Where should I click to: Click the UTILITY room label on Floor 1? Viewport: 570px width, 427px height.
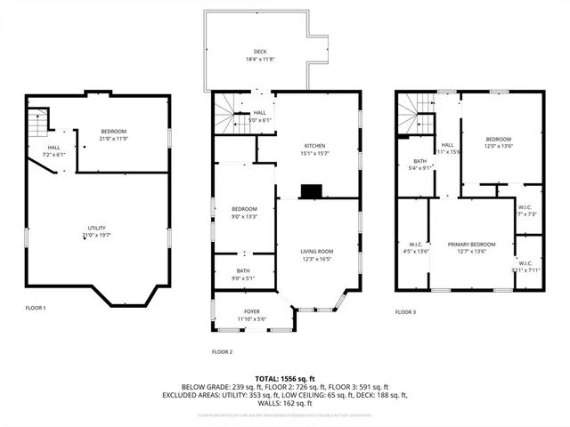(96, 228)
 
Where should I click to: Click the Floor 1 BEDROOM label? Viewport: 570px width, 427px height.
(113, 132)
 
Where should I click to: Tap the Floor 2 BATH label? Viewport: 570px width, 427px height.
(243, 270)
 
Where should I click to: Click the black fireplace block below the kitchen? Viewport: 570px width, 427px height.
(311, 191)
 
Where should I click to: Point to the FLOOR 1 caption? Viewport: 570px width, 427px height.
(36, 308)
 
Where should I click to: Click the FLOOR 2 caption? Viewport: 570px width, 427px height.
(222, 352)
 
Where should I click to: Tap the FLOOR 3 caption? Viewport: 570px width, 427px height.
(405, 312)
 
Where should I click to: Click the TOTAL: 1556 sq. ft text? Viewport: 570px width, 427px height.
(285, 379)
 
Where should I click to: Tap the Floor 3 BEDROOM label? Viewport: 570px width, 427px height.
(499, 139)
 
